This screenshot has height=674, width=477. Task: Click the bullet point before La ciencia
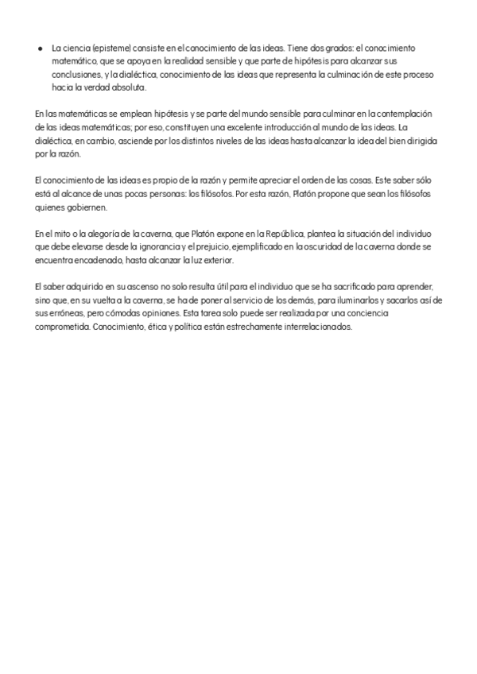point(41,48)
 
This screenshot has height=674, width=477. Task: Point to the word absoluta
point(118,87)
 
